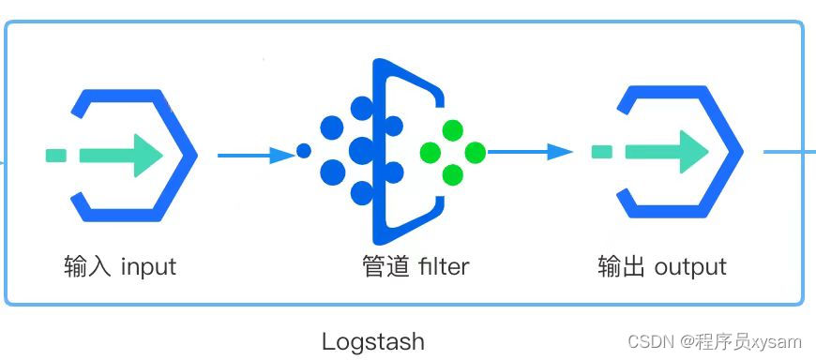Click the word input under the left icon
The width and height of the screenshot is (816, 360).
coord(148,267)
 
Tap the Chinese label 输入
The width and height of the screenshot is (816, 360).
coord(86,267)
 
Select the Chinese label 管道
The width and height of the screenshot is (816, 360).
coord(385,267)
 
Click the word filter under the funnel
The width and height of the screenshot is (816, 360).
coord(443,267)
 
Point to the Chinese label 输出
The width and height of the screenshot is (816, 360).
coord(620,266)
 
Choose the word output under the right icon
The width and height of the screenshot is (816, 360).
coord(690,267)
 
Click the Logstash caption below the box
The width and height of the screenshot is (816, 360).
coord(372,341)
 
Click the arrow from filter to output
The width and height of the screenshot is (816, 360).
coord(530,152)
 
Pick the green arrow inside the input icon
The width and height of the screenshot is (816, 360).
coord(122,155)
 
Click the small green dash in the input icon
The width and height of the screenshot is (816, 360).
coord(55,155)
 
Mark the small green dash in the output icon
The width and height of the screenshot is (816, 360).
coord(602,152)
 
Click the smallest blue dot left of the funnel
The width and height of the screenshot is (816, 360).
coord(303,150)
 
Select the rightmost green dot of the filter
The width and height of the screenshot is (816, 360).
coord(476,152)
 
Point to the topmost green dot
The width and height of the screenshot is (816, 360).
coord(453,130)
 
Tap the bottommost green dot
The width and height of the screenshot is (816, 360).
coord(453,174)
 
